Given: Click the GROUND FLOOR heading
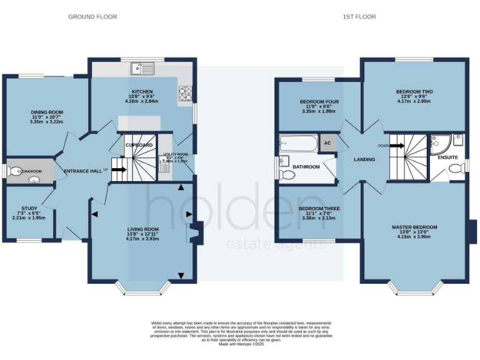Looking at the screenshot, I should click(92, 17).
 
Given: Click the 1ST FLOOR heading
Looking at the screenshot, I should click(359, 17).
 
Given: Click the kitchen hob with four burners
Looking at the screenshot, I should click(186, 94).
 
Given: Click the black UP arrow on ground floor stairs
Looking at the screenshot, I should click(119, 169).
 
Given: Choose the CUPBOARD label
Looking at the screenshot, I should click(139, 145).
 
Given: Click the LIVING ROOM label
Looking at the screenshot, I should click(142, 229).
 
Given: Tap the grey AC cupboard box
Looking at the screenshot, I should click(327, 143).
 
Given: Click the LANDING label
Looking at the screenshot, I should click(364, 159).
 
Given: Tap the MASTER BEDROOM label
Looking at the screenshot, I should click(414, 227).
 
